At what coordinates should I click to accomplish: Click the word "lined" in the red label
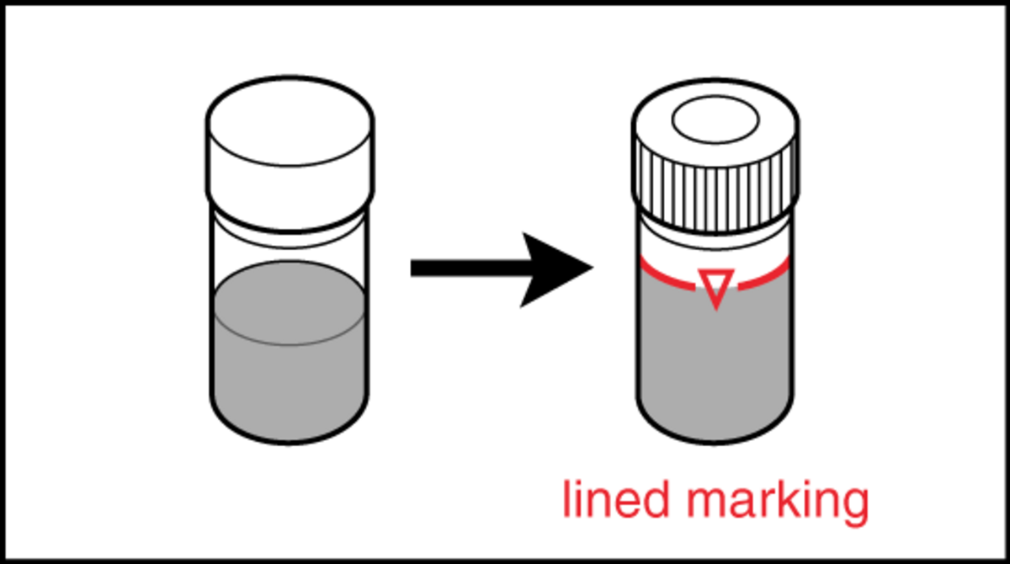pos(616,499)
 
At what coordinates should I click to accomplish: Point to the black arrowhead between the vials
pos(556,269)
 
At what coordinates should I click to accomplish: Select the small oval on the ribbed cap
pos(715,120)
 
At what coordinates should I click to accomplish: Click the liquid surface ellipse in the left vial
pos(290,303)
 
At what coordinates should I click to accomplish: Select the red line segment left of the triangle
pos(667,276)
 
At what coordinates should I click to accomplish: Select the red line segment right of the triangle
pos(764,275)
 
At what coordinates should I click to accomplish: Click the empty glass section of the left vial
pos(290,257)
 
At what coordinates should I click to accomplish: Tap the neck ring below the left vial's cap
pos(290,232)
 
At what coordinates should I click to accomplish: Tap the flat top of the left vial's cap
pos(290,121)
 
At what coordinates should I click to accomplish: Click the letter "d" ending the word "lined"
pos(656,499)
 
